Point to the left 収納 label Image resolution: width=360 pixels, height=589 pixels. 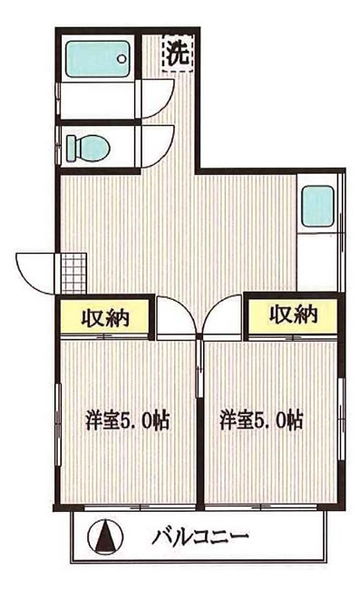click(x=105, y=317)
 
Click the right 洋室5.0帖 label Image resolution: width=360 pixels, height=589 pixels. click(x=262, y=420)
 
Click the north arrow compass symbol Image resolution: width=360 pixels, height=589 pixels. click(x=106, y=536)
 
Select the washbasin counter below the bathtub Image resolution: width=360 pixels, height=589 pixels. click(x=95, y=100)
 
